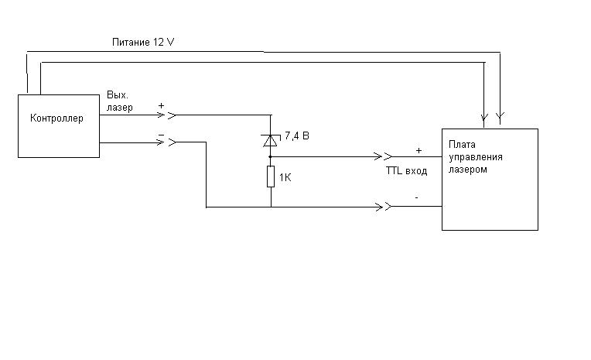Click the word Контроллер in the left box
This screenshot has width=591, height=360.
pos(56,118)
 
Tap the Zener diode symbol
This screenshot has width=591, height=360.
pos(271,139)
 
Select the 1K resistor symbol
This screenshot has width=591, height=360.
pos(271,177)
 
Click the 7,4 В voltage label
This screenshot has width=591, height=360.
pos(298,136)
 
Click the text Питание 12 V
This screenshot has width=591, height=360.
pos(143,40)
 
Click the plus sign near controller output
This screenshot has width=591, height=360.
pos(162,105)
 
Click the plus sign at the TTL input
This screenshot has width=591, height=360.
pos(418,149)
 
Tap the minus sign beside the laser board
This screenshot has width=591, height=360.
pos(417,197)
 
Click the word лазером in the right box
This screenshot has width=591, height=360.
pos(469,169)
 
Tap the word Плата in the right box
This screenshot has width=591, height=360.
pos(462,144)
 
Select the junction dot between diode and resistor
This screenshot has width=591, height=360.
pos(271,156)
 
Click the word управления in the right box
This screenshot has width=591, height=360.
pos(476,156)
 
